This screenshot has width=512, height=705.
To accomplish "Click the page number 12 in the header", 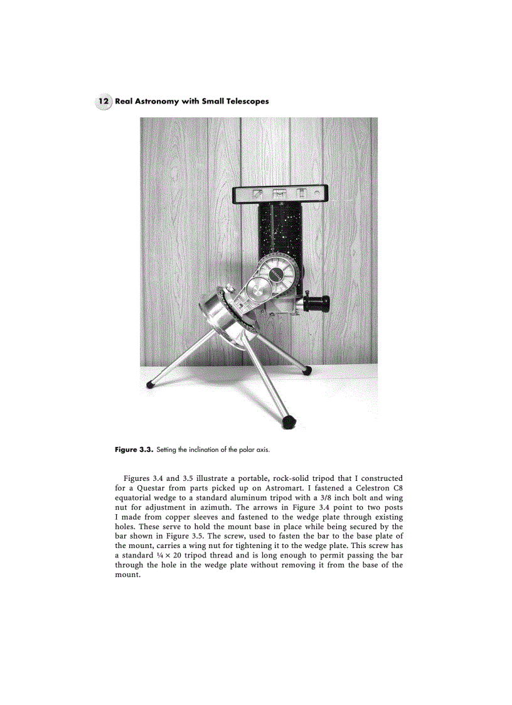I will [x=104, y=101].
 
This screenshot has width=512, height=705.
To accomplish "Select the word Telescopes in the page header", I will [x=246, y=101].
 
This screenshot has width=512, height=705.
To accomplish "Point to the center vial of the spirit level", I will [x=280, y=194].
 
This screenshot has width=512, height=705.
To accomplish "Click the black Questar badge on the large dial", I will [x=277, y=276].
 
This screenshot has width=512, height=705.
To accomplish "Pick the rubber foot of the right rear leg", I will [x=306, y=371].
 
